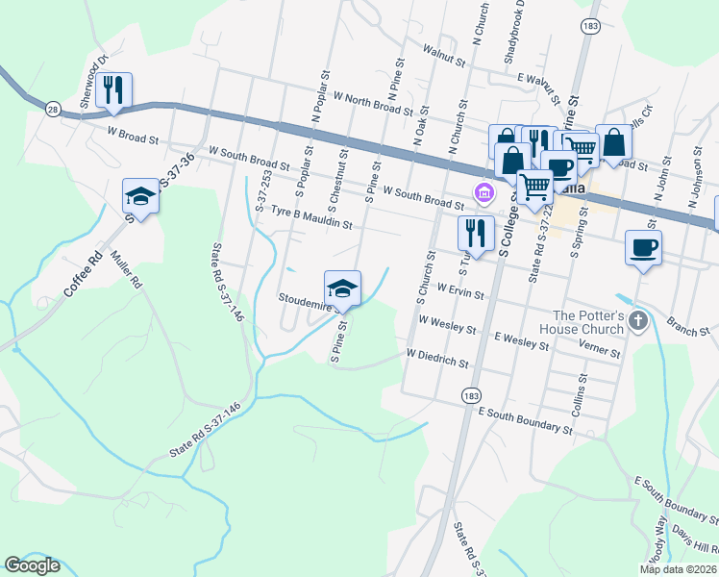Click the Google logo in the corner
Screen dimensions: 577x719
[x=33, y=565]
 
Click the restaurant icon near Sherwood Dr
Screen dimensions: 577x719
[x=114, y=90]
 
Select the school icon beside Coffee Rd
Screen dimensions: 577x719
[x=140, y=197]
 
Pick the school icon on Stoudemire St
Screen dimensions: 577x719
[x=342, y=288]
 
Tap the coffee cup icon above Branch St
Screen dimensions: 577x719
[x=643, y=248]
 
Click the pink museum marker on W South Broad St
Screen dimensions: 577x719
[x=483, y=194]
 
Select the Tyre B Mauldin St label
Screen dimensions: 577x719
[x=311, y=217]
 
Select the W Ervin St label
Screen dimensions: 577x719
[x=458, y=288]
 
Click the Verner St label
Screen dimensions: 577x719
[x=599, y=346]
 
